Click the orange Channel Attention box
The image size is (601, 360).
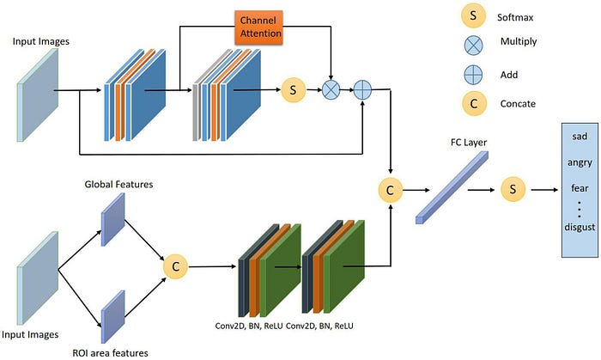[258, 27]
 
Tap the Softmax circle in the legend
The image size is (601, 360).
[473, 15]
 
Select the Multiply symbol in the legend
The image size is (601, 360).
[473, 46]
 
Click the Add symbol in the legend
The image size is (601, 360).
[473, 75]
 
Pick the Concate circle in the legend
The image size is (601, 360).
[474, 103]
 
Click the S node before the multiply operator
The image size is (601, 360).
[294, 90]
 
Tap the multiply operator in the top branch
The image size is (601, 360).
[331, 90]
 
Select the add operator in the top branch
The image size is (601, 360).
[362, 90]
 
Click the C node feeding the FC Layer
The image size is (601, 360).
[390, 190]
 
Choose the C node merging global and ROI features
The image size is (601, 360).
[175, 266]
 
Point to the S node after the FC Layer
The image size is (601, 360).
[513, 189]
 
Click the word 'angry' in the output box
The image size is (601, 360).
[580, 162]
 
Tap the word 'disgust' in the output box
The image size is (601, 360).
[580, 227]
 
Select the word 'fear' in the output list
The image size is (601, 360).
[580, 188]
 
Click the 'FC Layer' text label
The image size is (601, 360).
[469, 143]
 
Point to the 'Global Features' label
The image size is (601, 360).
[118, 185]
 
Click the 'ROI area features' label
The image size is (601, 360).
[111, 353]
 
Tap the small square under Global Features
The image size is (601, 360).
[113, 219]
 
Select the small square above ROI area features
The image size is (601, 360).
[113, 317]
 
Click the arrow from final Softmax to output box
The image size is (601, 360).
[544, 190]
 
